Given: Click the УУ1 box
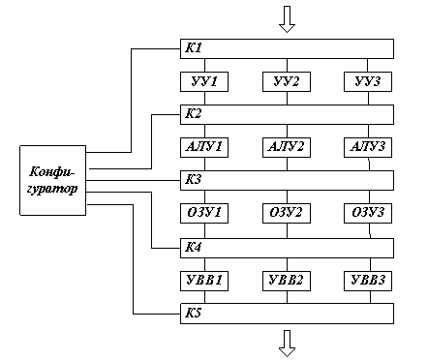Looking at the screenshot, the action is pos(204,82).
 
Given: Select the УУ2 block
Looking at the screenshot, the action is pos(287,82).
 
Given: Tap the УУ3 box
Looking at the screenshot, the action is pos(368,82).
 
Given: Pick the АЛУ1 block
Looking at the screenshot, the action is pos(204,148).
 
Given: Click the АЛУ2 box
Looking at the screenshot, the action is pos(287,148).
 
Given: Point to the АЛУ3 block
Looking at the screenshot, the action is pos(368,148).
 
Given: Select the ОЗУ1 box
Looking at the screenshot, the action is pos(204,213).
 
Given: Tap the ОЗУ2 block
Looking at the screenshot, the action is pos(287,213).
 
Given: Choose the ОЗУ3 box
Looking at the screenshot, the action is pos(368,213).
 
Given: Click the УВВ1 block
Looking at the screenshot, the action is pos(204,281).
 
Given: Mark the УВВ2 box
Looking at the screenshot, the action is pos(287,281).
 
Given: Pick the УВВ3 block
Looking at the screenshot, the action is pos(368,281).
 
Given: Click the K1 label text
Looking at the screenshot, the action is pos(194,47).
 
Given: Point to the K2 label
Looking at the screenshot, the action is pos(194,113).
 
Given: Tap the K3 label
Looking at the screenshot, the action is pos(194,179).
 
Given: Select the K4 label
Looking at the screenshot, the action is pos(194,247).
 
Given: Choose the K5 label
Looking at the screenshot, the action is pos(194,313).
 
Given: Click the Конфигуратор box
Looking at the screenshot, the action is pos(53,180).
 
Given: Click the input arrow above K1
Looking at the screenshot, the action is pos(287,19).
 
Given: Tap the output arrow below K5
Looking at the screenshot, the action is pos(287,344).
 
